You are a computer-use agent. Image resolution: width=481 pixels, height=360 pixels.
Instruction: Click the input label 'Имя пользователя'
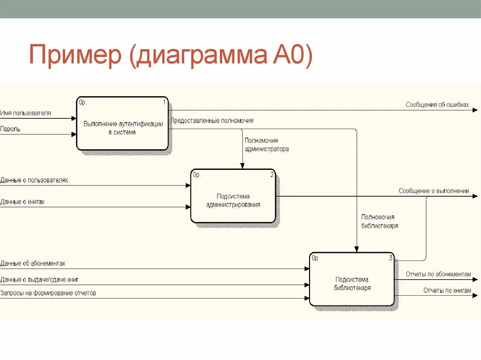(x=26, y=113)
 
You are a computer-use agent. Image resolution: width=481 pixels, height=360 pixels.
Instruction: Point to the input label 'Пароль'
(x=10, y=129)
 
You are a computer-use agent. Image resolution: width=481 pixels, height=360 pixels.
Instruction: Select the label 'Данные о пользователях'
(x=34, y=180)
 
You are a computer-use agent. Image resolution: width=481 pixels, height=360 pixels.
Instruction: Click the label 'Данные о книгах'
(x=23, y=202)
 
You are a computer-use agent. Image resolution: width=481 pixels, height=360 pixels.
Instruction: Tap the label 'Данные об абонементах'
(x=33, y=263)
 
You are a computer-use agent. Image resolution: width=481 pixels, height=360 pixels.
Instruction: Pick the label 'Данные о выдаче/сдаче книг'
(x=39, y=280)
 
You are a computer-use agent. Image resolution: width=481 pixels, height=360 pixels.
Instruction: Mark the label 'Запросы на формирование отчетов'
(x=48, y=293)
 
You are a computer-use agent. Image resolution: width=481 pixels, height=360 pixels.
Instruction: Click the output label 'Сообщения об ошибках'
(x=437, y=105)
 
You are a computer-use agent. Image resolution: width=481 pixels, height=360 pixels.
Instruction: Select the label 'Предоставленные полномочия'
(x=212, y=121)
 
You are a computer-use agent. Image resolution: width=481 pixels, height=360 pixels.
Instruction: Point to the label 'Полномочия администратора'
(x=266, y=145)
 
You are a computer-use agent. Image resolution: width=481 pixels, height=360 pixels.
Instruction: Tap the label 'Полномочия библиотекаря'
(x=380, y=221)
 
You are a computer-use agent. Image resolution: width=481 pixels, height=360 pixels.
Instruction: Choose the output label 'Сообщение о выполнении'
(x=434, y=191)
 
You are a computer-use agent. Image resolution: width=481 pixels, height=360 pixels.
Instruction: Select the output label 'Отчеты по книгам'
(x=447, y=291)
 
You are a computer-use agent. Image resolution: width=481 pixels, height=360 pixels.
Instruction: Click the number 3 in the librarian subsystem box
(x=390, y=258)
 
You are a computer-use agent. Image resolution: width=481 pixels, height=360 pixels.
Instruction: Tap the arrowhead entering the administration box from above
(x=242, y=166)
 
